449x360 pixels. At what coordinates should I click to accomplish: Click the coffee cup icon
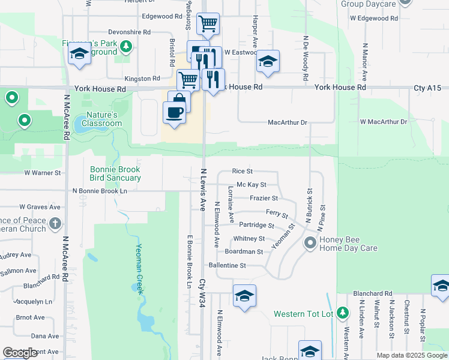174,112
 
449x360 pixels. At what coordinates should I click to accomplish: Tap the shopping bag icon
179,100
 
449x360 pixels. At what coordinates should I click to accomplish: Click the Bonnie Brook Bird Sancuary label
115,173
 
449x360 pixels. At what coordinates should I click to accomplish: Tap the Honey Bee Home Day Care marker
310,243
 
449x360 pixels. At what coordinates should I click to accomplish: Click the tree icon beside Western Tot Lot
342,313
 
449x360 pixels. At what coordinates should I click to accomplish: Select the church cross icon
55,224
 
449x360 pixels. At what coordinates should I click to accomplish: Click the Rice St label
242,172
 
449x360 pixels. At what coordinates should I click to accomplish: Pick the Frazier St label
264,198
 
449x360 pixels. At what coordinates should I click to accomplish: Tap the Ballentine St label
227,265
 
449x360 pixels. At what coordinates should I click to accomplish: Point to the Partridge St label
256,226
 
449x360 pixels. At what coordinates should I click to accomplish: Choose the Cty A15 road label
427,88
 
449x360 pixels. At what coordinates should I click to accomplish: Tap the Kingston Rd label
142,79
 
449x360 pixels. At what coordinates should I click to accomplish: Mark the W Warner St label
43,173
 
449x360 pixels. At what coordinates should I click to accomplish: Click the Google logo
20,353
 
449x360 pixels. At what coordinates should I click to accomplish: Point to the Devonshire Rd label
129,32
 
